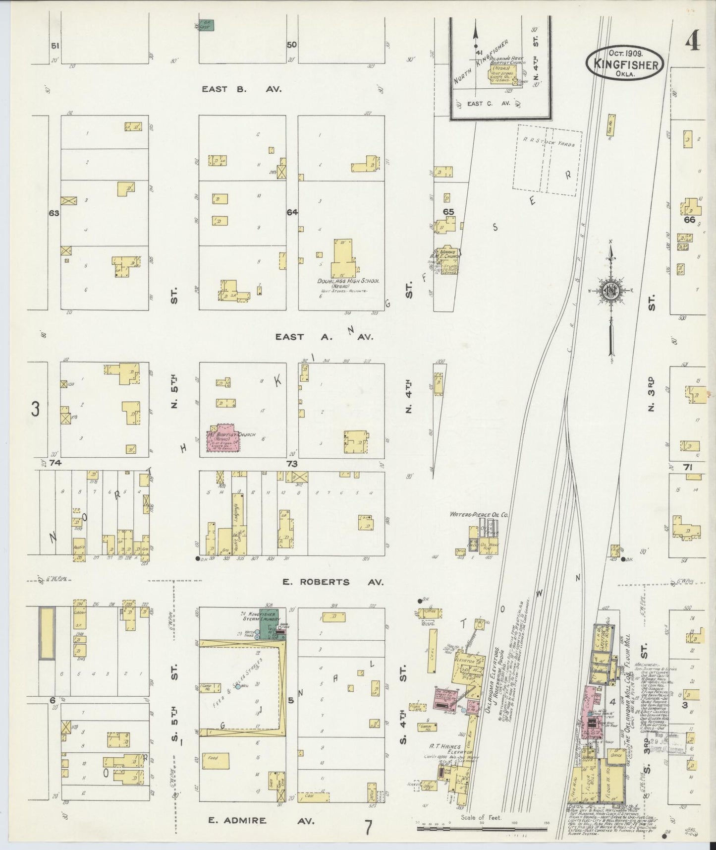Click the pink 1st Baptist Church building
pyautogui.click(x=223, y=437)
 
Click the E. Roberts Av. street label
pyautogui.click(x=332, y=582)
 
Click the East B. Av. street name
pyautogui.click(x=241, y=89)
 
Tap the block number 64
pyautogui.click(x=292, y=212)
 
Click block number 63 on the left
pyautogui.click(x=54, y=213)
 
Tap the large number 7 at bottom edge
pyautogui.click(x=368, y=827)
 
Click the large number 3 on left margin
pyautogui.click(x=35, y=410)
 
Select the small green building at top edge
pyautogui.click(x=210, y=25)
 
